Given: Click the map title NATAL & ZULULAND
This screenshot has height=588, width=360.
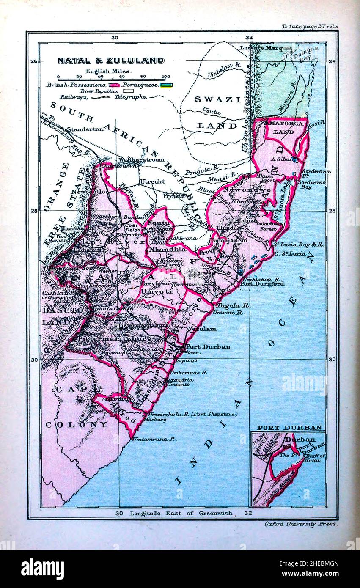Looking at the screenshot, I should tap(111, 60).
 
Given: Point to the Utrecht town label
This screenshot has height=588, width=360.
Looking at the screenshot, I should tap(152, 181).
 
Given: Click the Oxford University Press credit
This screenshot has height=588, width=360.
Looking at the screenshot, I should tap(301, 524).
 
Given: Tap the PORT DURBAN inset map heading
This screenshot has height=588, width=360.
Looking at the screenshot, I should tap(290, 428).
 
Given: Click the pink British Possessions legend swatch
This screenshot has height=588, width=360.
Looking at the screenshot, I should tap(114, 85).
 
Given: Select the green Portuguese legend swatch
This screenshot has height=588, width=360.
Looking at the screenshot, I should tap(166, 85).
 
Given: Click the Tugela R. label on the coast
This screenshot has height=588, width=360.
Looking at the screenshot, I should tap(228, 305).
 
